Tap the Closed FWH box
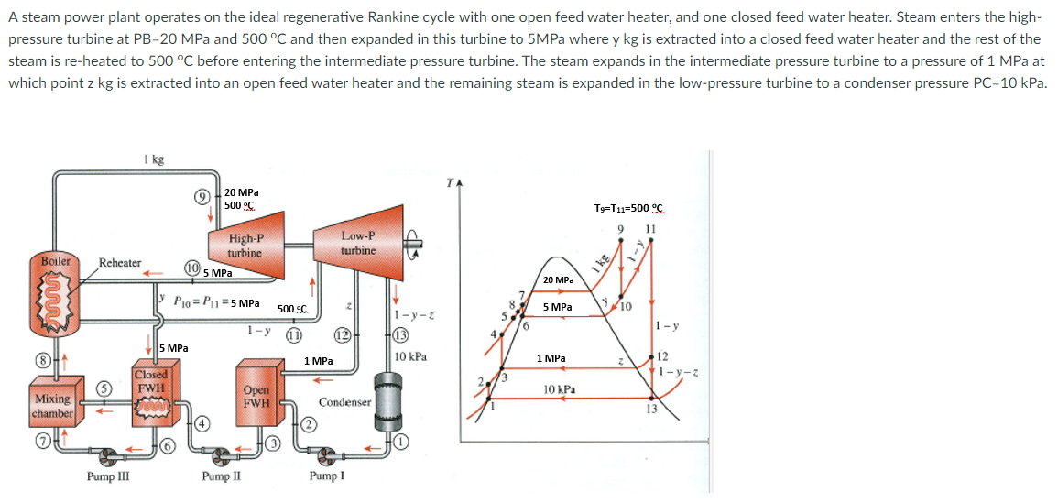coord(151,388)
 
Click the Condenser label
coord(344,402)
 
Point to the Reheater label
coord(120,263)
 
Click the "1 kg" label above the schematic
coord(154,160)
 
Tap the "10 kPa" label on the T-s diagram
coord(560,389)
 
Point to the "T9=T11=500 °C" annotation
coord(629,208)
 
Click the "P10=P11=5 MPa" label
coord(216,301)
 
